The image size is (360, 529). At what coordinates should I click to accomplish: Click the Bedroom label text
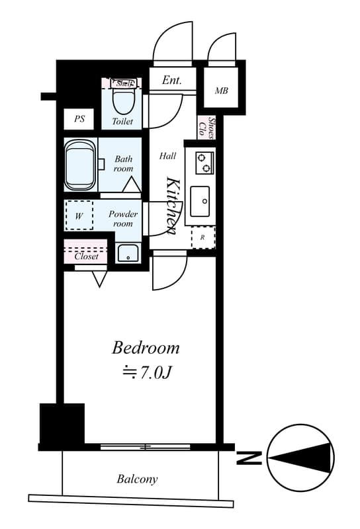click(x=146, y=347)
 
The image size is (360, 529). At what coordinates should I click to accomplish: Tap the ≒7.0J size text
click(x=147, y=373)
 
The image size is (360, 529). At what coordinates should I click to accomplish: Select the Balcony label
click(x=138, y=479)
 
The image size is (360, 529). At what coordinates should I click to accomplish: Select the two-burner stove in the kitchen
click(x=204, y=161)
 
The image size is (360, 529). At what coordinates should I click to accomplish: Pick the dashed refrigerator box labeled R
click(x=203, y=237)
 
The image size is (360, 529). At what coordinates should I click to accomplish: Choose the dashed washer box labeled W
click(x=79, y=216)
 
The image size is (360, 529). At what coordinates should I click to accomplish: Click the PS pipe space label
click(x=79, y=120)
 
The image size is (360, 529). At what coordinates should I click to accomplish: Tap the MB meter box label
click(x=221, y=91)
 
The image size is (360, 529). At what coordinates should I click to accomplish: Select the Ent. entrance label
click(x=171, y=81)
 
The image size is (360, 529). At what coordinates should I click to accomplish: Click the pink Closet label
click(x=86, y=256)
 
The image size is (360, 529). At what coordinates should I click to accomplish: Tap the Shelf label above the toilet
click(x=124, y=83)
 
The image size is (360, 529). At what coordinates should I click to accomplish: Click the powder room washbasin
click(x=127, y=253)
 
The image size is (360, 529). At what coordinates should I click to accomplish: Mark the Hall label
click(x=167, y=156)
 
